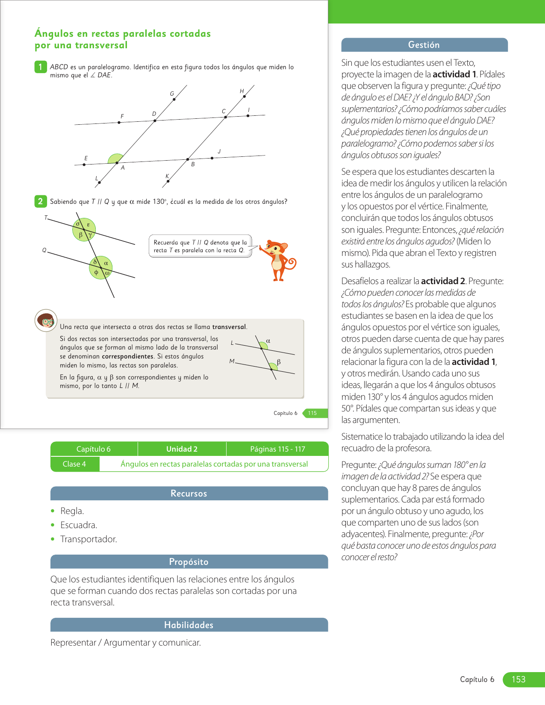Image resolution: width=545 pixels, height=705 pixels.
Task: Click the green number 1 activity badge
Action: pos(41,67)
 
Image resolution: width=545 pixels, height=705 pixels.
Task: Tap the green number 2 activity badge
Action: pos(41,201)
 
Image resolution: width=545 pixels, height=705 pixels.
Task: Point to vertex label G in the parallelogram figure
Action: pos(172,94)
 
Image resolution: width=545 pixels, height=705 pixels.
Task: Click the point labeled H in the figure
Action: pos(244,96)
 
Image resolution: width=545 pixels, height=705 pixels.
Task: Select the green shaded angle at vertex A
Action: pos(115,159)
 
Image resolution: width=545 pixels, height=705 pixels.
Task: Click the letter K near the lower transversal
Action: pos(167,176)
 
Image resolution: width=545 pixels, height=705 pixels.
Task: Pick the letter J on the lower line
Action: pos(219,151)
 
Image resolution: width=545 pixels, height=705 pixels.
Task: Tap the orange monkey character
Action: pos(279,260)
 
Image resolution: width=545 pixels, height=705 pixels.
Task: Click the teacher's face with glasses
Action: pos(46,320)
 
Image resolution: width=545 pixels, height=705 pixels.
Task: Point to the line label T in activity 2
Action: pos(46,218)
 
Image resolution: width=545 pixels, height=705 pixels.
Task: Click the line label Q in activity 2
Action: pos(44,250)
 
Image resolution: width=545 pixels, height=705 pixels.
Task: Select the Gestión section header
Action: pos(424,45)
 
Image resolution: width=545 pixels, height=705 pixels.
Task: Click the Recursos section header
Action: pos(189,493)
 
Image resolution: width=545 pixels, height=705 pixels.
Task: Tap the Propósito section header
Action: pos(189,562)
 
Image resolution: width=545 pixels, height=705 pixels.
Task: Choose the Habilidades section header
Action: pos(189,625)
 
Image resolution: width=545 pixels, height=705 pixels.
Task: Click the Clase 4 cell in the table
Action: pos(74,464)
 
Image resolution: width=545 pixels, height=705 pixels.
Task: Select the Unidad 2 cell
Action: pos(182,449)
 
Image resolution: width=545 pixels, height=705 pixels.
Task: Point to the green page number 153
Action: pos(518,679)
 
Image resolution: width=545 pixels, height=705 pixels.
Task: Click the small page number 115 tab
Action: pos(312,413)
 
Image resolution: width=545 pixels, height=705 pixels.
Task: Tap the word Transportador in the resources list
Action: pos(88,539)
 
